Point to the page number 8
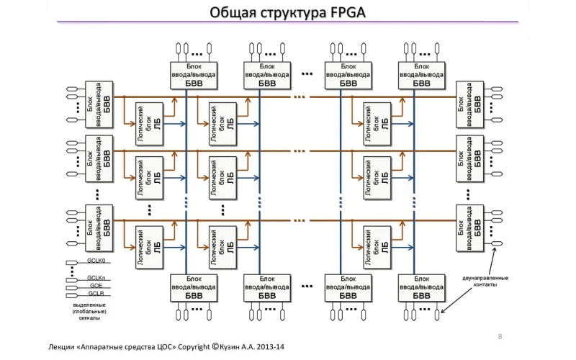coord(500,336)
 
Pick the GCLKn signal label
coord(96,278)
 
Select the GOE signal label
coord(94,286)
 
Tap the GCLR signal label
coord(95,294)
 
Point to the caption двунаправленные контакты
coord(485,282)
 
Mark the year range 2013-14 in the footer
coord(270,347)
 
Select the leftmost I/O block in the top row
coord(194,73)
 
